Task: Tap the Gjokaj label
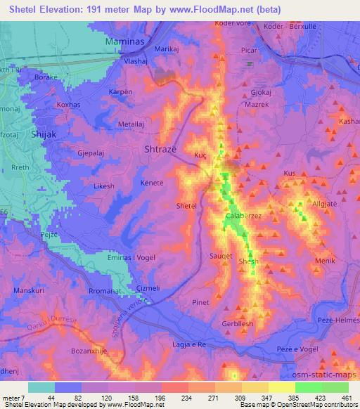tap(262, 91)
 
